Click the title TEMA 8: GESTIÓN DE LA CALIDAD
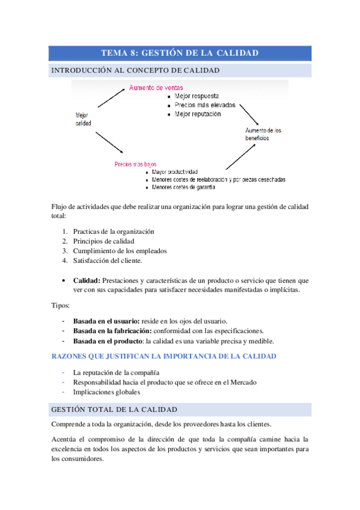[180, 53]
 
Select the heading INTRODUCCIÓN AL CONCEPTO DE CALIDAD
[135, 70]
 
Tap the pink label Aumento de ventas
[157, 87]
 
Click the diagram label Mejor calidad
[84, 118]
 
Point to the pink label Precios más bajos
[135, 164]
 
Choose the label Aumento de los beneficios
[263, 134]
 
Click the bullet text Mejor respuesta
[197, 96]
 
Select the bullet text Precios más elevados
[205, 105]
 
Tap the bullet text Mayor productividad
[175, 172]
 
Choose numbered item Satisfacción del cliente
[108, 260]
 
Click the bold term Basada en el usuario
[106, 321]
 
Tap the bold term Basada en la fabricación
[112, 331]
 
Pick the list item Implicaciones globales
[106, 392]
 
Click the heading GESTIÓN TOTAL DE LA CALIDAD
[115, 410]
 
